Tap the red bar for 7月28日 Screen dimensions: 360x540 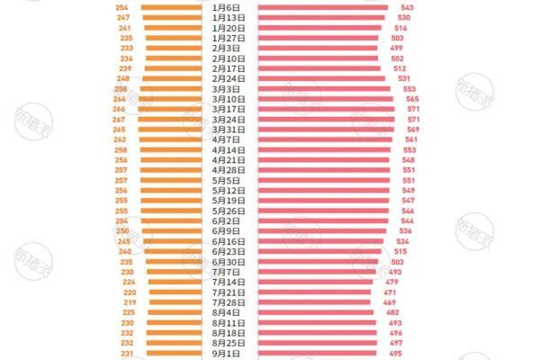tap(314, 303)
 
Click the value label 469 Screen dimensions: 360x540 tap(389, 303)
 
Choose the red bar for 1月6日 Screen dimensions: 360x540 tap(323, 7)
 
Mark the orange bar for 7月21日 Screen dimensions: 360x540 tap(175, 292)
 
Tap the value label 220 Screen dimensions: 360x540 tap(130, 292)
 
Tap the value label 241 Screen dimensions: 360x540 tap(124, 28)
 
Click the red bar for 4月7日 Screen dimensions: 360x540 tap(325, 140)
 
